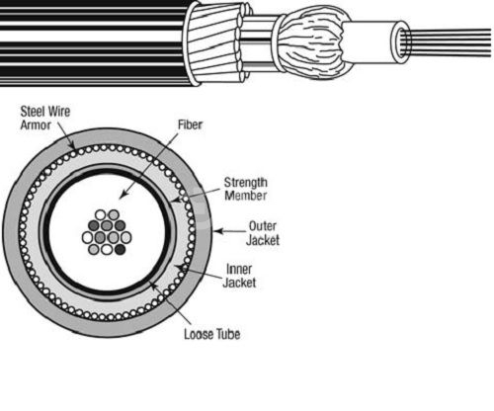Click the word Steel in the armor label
(32, 112)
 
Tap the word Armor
(36, 125)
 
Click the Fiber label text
(190, 124)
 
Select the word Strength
(246, 182)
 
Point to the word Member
(246, 196)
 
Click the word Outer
(263, 226)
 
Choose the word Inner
(239, 269)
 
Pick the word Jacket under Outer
(263, 240)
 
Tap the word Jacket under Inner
(239, 283)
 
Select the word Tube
(228, 334)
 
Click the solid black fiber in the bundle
(120, 249)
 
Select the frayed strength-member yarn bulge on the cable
(313, 42)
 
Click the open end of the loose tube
(401, 42)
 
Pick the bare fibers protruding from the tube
(448, 42)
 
